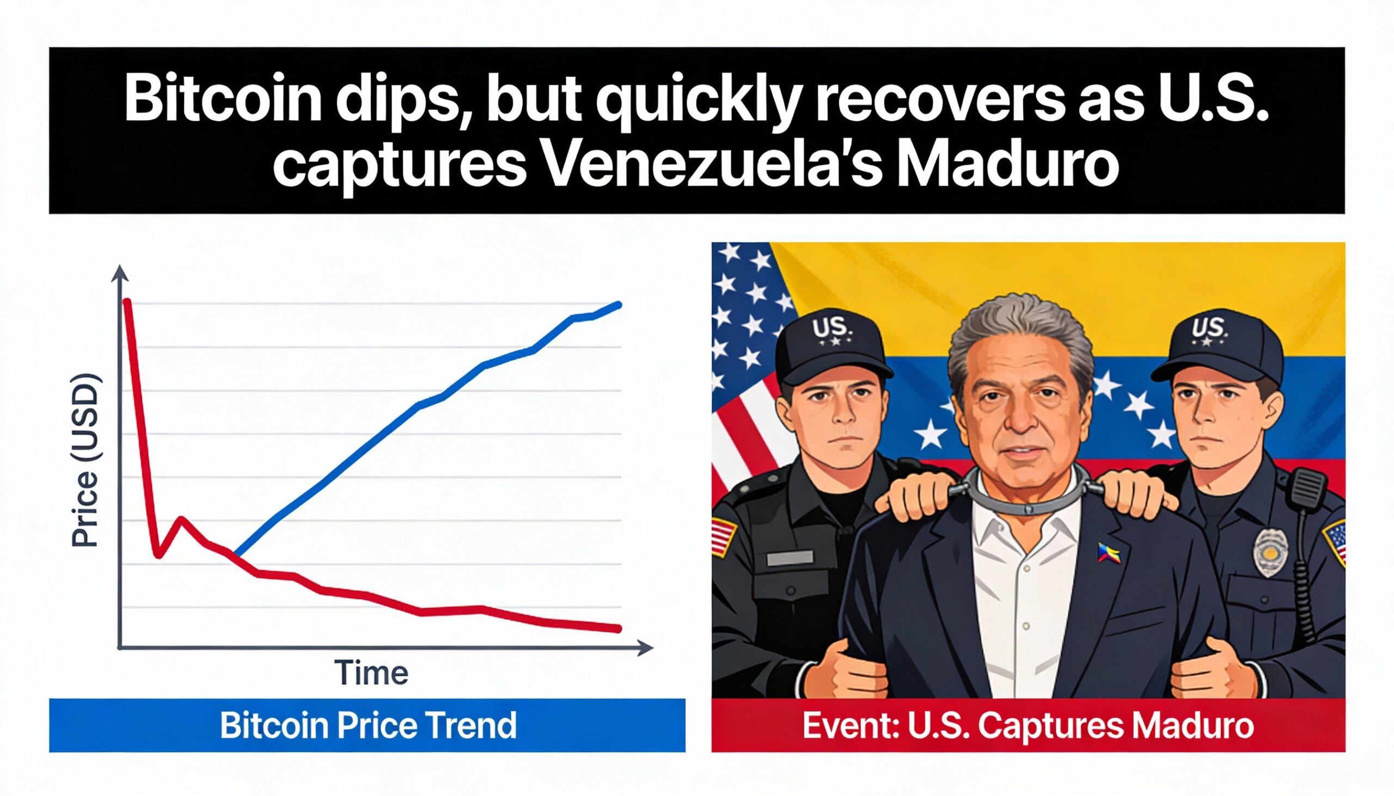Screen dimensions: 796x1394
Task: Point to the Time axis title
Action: tap(371, 673)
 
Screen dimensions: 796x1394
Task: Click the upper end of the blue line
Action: tap(619, 305)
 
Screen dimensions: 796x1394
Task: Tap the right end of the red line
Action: tap(619, 630)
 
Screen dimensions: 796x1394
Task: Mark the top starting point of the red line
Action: tap(127, 301)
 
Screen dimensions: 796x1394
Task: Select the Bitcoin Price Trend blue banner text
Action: tap(368, 725)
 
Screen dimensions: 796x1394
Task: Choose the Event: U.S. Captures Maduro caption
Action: tap(1028, 725)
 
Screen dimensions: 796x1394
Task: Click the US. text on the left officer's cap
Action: tap(832, 330)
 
